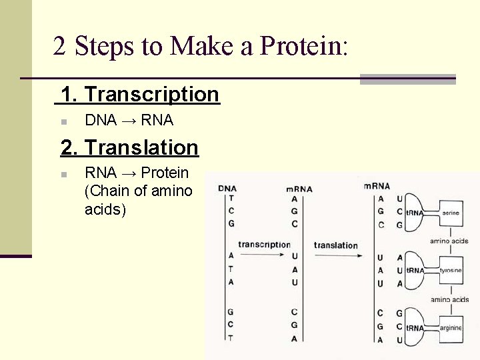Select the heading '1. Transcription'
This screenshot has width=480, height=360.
[140, 95]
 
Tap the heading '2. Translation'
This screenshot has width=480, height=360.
[129, 147]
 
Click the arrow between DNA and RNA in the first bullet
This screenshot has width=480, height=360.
[129, 121]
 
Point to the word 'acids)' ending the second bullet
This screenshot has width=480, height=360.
[105, 210]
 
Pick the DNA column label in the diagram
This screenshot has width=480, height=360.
[227, 188]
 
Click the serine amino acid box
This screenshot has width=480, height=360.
[450, 213]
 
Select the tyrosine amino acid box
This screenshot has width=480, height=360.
[450, 271]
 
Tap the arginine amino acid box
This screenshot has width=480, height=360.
[450, 328]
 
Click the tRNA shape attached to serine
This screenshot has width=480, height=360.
[417, 213]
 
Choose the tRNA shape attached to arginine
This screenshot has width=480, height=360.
[417, 328]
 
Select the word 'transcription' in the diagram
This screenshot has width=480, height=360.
[264, 245]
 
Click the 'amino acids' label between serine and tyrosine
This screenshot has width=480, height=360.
[449, 241]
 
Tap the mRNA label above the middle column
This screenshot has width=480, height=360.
[299, 189]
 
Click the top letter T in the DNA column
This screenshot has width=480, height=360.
[231, 198]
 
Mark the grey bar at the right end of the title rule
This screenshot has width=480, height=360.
[407, 79]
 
